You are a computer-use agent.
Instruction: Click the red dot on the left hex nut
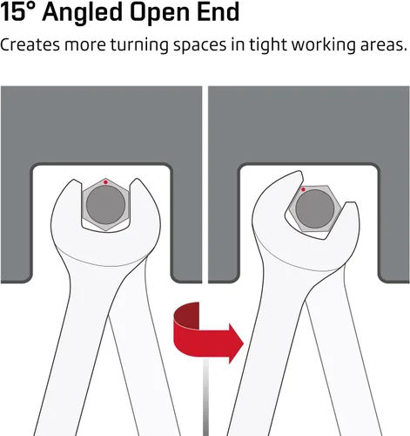[x=105, y=182]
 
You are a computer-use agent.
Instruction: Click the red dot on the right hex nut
[x=303, y=189]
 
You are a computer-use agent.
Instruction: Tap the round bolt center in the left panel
[x=105, y=205]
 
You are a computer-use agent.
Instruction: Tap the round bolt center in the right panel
[x=315, y=208]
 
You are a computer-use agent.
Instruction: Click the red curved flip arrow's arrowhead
[x=236, y=344]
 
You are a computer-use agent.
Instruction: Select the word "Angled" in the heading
[x=82, y=13]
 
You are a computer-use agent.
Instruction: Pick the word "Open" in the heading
[x=159, y=13]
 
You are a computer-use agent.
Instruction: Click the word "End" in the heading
[x=218, y=11]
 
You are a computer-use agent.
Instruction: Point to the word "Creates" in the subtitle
[x=30, y=45]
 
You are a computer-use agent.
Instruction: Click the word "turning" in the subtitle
[x=139, y=45]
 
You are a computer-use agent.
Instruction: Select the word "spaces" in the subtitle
[x=200, y=46]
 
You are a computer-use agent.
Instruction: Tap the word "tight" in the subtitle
[x=268, y=45]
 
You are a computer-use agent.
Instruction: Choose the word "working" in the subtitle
[x=323, y=45]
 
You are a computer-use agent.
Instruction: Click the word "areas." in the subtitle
[x=384, y=46]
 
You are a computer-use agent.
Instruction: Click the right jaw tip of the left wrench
[x=137, y=181]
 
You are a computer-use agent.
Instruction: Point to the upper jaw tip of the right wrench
[x=299, y=174]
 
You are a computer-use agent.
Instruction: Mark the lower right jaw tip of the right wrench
[x=351, y=203]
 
